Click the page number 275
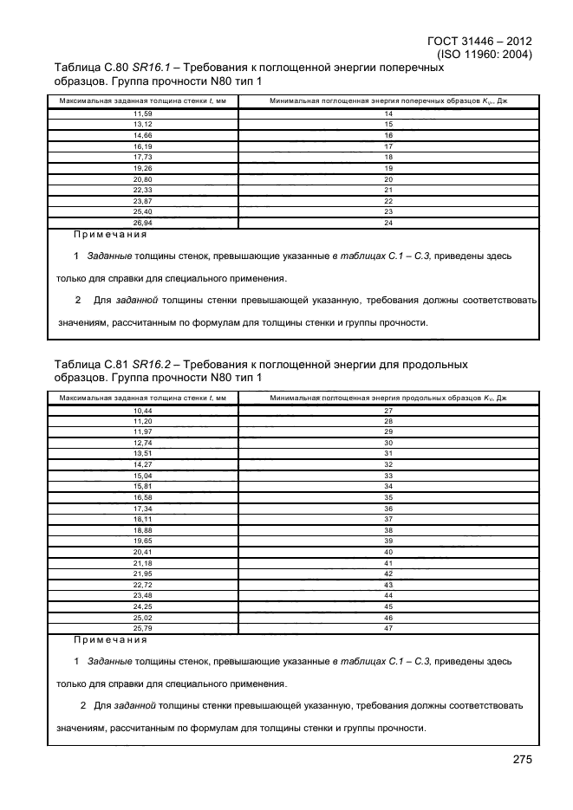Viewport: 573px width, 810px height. [521, 759]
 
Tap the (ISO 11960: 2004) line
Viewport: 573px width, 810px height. [485, 54]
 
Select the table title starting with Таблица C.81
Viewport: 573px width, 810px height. [260, 371]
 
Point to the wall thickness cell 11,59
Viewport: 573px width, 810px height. [142, 114]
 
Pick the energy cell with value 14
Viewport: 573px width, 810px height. [387, 114]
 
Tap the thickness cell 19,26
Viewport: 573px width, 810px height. [142, 168]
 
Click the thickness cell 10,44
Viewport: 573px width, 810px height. [142, 409]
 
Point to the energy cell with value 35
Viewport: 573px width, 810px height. [387, 497]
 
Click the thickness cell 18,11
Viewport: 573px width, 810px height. [142, 519]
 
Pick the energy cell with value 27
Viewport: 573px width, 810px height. [387, 409]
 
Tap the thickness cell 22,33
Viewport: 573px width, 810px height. [142, 190]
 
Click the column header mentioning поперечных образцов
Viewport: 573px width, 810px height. [387, 101]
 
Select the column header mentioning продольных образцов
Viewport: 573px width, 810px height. [387, 397]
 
